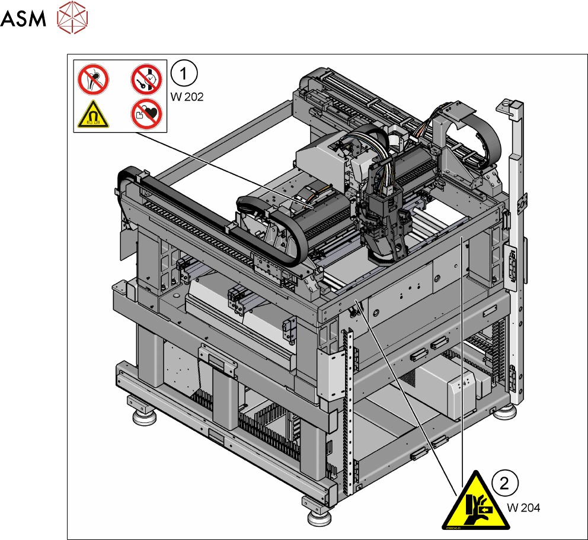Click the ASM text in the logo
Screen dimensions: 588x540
pyautogui.click(x=23, y=18)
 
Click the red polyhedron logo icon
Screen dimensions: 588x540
pyautogui.click(x=72, y=17)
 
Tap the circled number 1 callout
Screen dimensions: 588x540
pyautogui.click(x=184, y=73)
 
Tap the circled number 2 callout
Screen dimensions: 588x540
pyautogui.click(x=504, y=483)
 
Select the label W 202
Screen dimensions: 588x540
pyautogui.click(x=187, y=97)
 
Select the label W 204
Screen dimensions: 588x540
pyautogui.click(x=523, y=507)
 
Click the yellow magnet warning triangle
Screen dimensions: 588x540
pyautogui.click(x=94, y=115)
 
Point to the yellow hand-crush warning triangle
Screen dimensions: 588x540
pyautogui.click(x=476, y=500)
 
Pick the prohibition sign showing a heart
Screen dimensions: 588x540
pyautogui.click(x=146, y=114)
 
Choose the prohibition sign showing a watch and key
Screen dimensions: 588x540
pyautogui.click(x=146, y=79)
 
